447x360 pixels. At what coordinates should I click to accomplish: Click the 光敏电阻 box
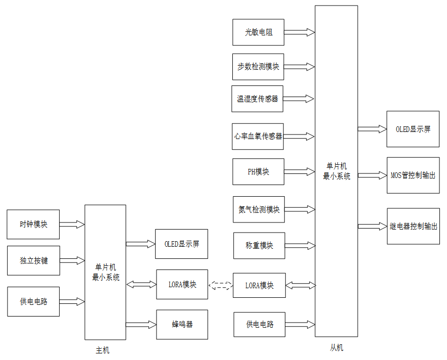[x=258, y=32]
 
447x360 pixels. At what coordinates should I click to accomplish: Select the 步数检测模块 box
[x=258, y=67]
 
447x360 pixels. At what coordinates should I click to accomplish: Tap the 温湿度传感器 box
[x=258, y=99]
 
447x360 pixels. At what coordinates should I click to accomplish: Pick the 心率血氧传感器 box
[x=258, y=137]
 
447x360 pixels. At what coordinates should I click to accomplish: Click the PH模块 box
[x=258, y=172]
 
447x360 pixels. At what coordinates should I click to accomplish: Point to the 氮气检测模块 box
[x=259, y=209]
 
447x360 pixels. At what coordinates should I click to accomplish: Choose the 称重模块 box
[x=259, y=246]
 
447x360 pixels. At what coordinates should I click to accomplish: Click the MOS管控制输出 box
[x=413, y=175]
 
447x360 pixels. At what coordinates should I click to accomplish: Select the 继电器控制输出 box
[x=413, y=227]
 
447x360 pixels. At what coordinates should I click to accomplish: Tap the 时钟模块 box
[x=33, y=224]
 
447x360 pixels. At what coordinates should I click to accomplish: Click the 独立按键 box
[x=33, y=260]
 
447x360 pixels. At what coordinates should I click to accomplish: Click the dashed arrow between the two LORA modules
[x=220, y=285]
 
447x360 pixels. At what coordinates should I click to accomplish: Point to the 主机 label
[x=102, y=350]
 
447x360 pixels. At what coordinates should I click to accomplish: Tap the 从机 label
[x=336, y=348]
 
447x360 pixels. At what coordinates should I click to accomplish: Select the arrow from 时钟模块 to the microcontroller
[x=72, y=224]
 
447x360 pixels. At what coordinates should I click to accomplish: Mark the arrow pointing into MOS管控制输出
[x=372, y=175]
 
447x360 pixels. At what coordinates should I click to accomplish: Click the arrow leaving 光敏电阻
[x=299, y=32]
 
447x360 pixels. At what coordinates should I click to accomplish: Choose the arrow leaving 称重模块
[x=300, y=246]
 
